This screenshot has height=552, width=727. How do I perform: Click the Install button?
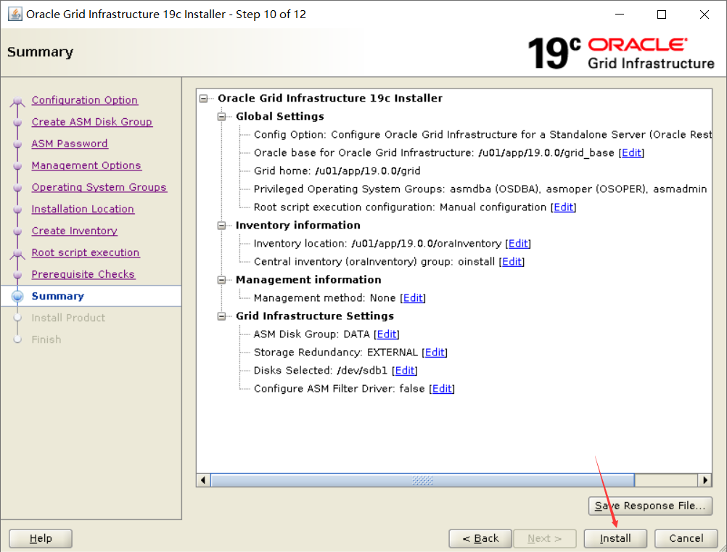coord(615,538)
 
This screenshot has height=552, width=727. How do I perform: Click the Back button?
coord(480,538)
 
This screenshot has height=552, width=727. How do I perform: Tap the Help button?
coord(41,538)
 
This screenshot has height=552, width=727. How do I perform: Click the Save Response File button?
coord(649,506)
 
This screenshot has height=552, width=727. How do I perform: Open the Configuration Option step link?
coord(84,100)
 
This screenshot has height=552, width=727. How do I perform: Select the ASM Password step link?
coord(70,144)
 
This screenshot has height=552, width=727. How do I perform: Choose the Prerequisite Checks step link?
coord(83,274)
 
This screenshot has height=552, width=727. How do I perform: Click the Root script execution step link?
coord(86,252)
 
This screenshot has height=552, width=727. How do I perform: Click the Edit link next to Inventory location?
coord(518,243)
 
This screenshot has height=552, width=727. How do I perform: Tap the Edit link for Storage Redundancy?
coord(435,353)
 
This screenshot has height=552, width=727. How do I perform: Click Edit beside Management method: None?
coord(413,298)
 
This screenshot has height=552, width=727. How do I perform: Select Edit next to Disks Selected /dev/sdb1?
coord(405,371)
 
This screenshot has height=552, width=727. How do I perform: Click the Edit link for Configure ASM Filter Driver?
coord(442,388)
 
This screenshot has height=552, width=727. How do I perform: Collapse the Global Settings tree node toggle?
coord(221,116)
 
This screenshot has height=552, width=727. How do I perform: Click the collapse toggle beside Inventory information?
coord(221,226)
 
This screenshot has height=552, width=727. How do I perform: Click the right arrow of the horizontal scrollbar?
coord(705,479)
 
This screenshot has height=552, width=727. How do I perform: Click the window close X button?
coord(705,15)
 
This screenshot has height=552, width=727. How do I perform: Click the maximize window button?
coord(662,15)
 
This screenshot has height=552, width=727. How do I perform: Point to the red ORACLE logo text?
coord(638,44)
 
